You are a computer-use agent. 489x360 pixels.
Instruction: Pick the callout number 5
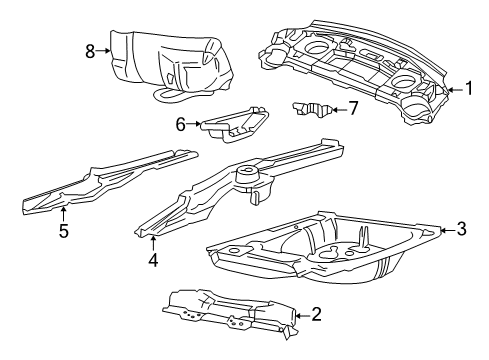(x=62, y=231)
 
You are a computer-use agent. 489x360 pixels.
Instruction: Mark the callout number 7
(x=353, y=108)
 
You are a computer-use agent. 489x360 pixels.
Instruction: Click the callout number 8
(x=89, y=49)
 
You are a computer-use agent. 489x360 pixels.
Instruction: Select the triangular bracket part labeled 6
(x=235, y=122)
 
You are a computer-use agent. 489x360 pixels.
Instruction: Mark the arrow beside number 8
(x=104, y=49)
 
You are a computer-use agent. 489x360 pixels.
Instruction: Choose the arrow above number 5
(x=62, y=213)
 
